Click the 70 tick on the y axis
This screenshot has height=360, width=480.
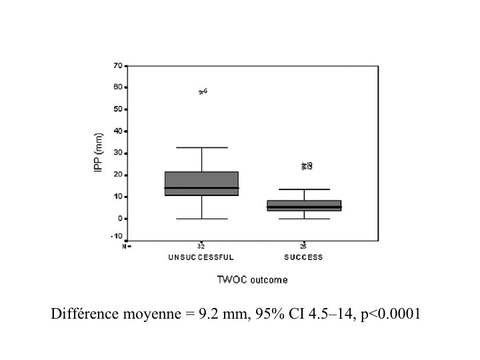117,65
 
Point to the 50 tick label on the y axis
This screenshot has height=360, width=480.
117,109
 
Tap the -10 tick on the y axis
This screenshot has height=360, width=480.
115,235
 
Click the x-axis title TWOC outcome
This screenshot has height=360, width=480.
252,280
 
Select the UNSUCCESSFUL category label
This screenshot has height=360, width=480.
201,257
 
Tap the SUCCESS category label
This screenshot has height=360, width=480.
303,257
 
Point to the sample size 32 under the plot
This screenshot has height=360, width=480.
201,246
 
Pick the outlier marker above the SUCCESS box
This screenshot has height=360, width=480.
305,166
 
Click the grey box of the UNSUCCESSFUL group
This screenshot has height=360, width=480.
201,183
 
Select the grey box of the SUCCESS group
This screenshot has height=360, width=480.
304,205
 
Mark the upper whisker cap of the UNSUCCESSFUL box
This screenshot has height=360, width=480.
201,147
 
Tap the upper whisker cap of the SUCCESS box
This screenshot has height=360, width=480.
304,189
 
